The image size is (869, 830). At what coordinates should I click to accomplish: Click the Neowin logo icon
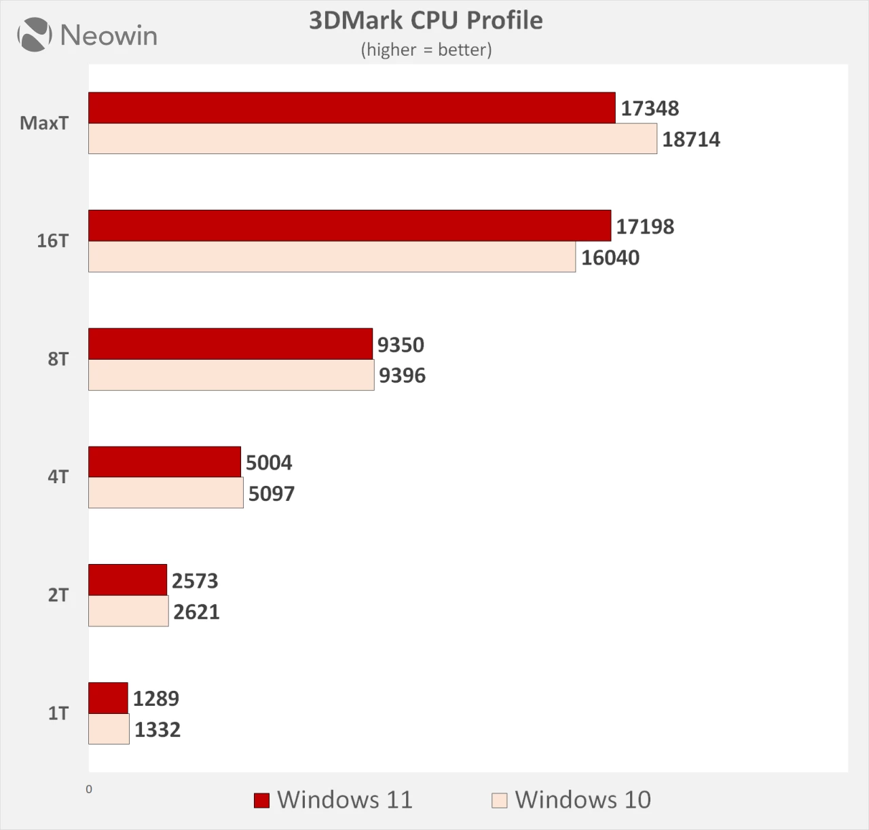coord(35,35)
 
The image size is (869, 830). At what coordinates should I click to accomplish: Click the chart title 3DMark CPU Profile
coord(426,20)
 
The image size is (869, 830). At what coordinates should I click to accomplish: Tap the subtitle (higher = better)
coord(426,50)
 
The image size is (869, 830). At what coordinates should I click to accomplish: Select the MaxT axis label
coord(44,123)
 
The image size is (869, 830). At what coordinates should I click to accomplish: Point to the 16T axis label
coord(52,241)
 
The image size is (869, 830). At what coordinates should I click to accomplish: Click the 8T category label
coord(58,359)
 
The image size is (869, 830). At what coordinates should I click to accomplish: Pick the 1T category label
coord(58,713)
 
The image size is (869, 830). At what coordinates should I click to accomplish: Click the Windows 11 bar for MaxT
coord(352,108)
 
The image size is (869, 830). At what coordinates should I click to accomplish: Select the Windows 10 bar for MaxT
coord(372,138)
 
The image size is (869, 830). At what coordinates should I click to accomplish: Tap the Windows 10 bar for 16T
coord(332,257)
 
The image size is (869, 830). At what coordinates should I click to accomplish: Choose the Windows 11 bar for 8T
coord(231,344)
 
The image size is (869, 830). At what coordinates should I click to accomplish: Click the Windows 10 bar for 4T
coord(166,493)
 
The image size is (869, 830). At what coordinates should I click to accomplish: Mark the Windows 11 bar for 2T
coord(128,580)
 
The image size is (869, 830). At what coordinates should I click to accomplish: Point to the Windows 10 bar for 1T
coord(109,729)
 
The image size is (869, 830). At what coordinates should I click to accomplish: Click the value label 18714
coord(691,139)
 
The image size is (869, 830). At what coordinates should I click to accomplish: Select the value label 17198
coord(645,226)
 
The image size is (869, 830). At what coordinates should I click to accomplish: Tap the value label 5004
coord(269,462)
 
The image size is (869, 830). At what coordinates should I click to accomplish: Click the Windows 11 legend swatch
coord(261,800)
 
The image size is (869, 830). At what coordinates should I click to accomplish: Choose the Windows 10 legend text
coord(583,799)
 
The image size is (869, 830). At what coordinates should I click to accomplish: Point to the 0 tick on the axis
coord(89,789)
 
